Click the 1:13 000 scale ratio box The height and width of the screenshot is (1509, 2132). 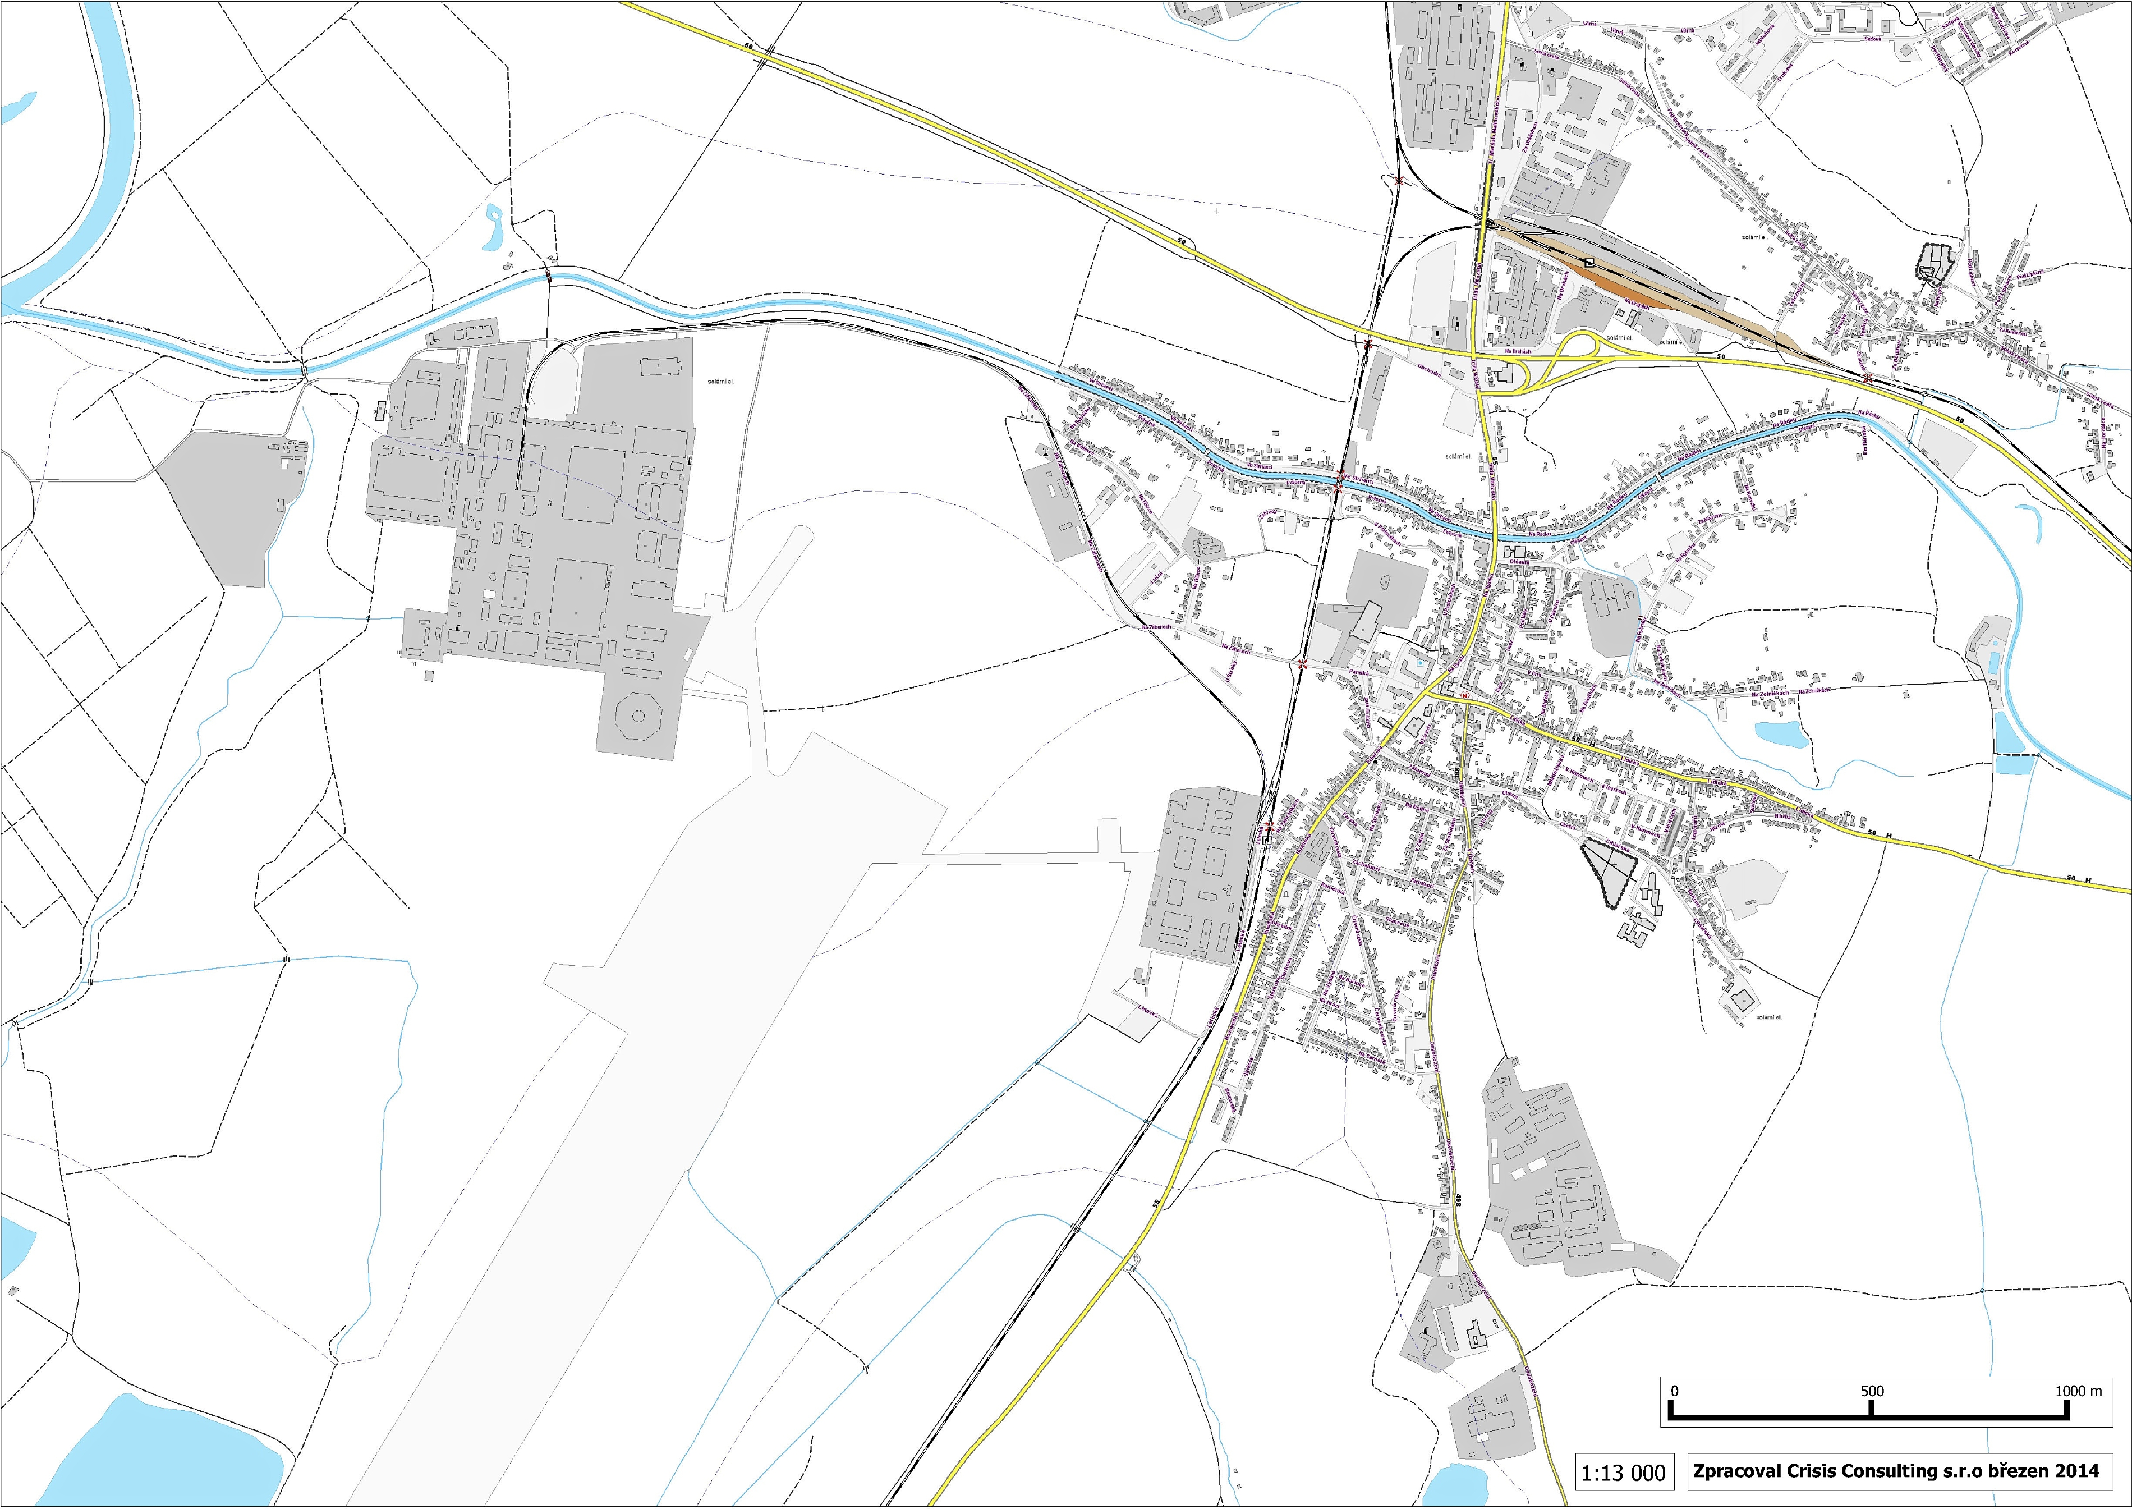pyautogui.click(x=1623, y=1473)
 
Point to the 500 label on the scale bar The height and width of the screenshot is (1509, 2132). pyautogui.click(x=1871, y=1391)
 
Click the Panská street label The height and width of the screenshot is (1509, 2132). pyautogui.click(x=1358, y=673)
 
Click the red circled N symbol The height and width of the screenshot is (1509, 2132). pyautogui.click(x=1465, y=696)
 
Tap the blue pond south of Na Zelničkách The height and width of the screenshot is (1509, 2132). pyautogui.click(x=1781, y=734)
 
